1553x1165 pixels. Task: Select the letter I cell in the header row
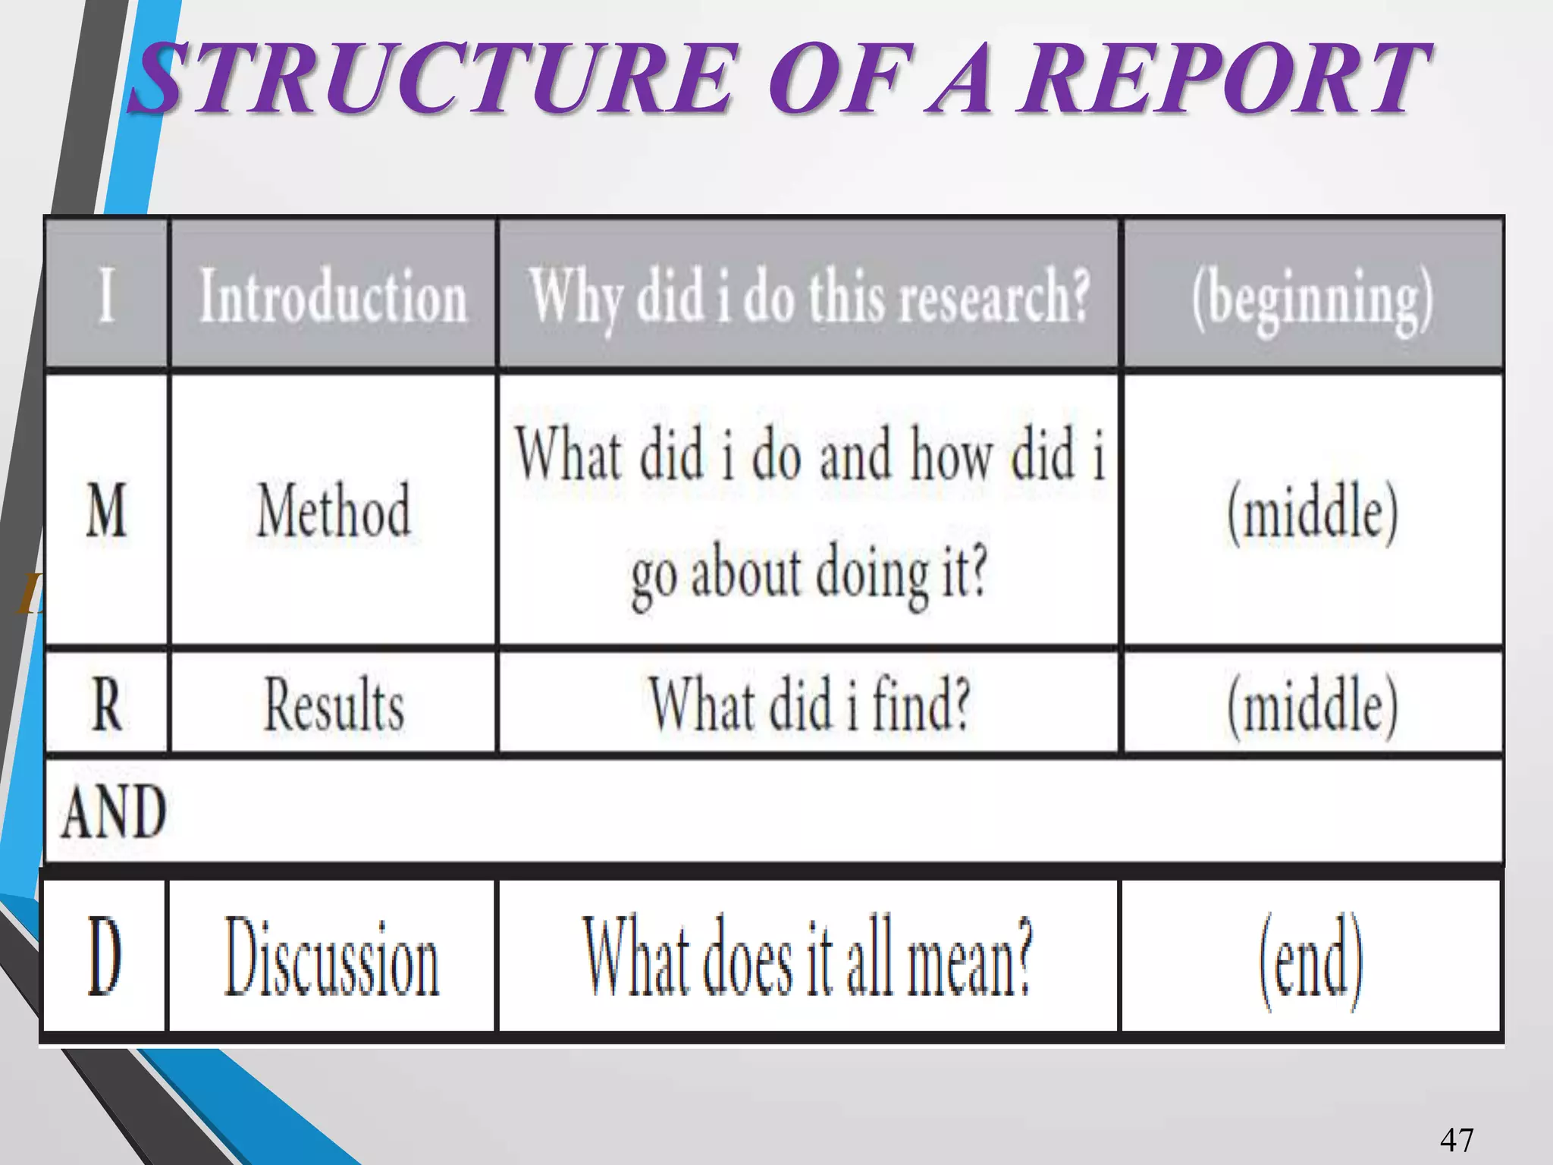107,294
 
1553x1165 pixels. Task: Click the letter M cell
106,510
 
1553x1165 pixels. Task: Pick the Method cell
334,510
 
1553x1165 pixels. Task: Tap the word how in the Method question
951,455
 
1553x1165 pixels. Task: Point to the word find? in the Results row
921,704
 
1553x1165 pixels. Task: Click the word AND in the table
114,812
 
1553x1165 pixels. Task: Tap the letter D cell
104,956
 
